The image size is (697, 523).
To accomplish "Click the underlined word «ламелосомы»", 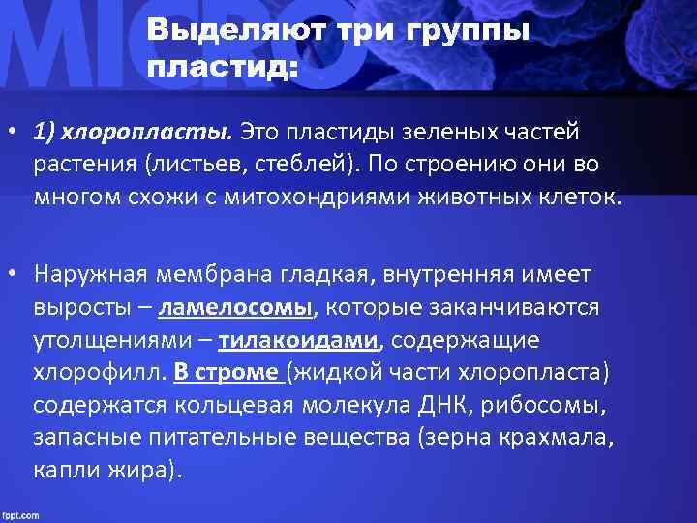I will (235, 307).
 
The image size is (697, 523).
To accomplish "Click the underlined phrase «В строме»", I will (227, 373).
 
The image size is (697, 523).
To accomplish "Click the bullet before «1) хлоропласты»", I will (13, 130).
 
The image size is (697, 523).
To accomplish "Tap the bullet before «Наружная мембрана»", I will (13, 275).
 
